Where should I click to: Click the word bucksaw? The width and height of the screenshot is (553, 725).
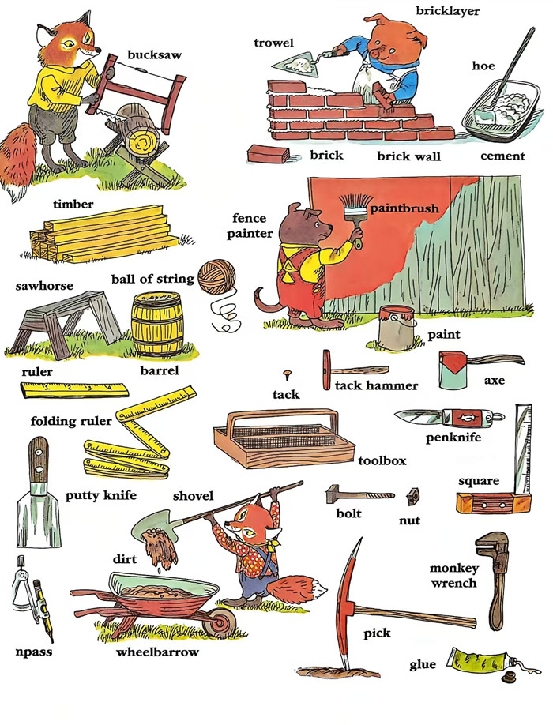tap(154, 55)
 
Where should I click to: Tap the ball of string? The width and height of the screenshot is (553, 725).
tap(216, 276)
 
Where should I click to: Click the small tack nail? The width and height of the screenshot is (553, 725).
tap(288, 374)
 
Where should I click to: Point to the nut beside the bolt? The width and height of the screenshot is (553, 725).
tap(413, 496)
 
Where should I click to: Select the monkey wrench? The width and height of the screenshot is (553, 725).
tap(495, 580)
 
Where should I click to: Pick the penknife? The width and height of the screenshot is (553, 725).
tap(450, 418)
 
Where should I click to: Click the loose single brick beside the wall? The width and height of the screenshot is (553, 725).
tap(268, 153)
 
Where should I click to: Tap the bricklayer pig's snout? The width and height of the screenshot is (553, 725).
tap(378, 54)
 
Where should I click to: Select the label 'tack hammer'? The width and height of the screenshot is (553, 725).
tap(376, 385)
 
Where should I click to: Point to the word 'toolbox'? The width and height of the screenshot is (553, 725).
tap(382, 460)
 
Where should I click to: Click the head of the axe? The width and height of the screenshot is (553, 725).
tap(454, 370)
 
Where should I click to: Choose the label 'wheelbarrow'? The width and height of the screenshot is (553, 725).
tap(157, 652)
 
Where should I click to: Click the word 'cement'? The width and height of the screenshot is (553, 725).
tap(502, 156)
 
